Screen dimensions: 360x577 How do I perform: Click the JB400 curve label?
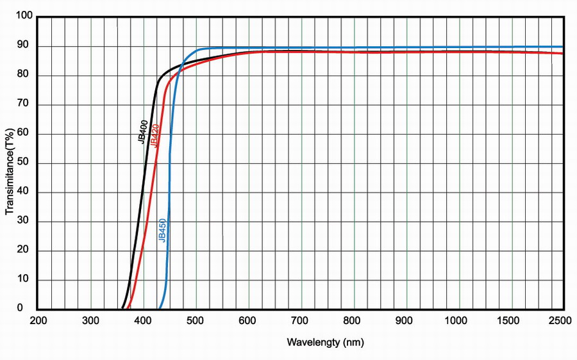tap(144, 131)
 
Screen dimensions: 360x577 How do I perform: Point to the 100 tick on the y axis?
tap(24, 17)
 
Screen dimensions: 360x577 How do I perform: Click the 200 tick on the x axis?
tap(38, 320)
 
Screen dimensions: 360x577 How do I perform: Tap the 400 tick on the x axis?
tap(144, 320)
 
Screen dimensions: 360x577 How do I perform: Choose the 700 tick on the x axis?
tap(301, 320)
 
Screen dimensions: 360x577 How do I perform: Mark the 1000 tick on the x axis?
tap(459, 320)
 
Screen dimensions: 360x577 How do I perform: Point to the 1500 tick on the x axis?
tap(512, 320)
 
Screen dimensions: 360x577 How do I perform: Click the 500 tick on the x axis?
tap(196, 320)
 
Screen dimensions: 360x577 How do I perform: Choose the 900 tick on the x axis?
tap(406, 320)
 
